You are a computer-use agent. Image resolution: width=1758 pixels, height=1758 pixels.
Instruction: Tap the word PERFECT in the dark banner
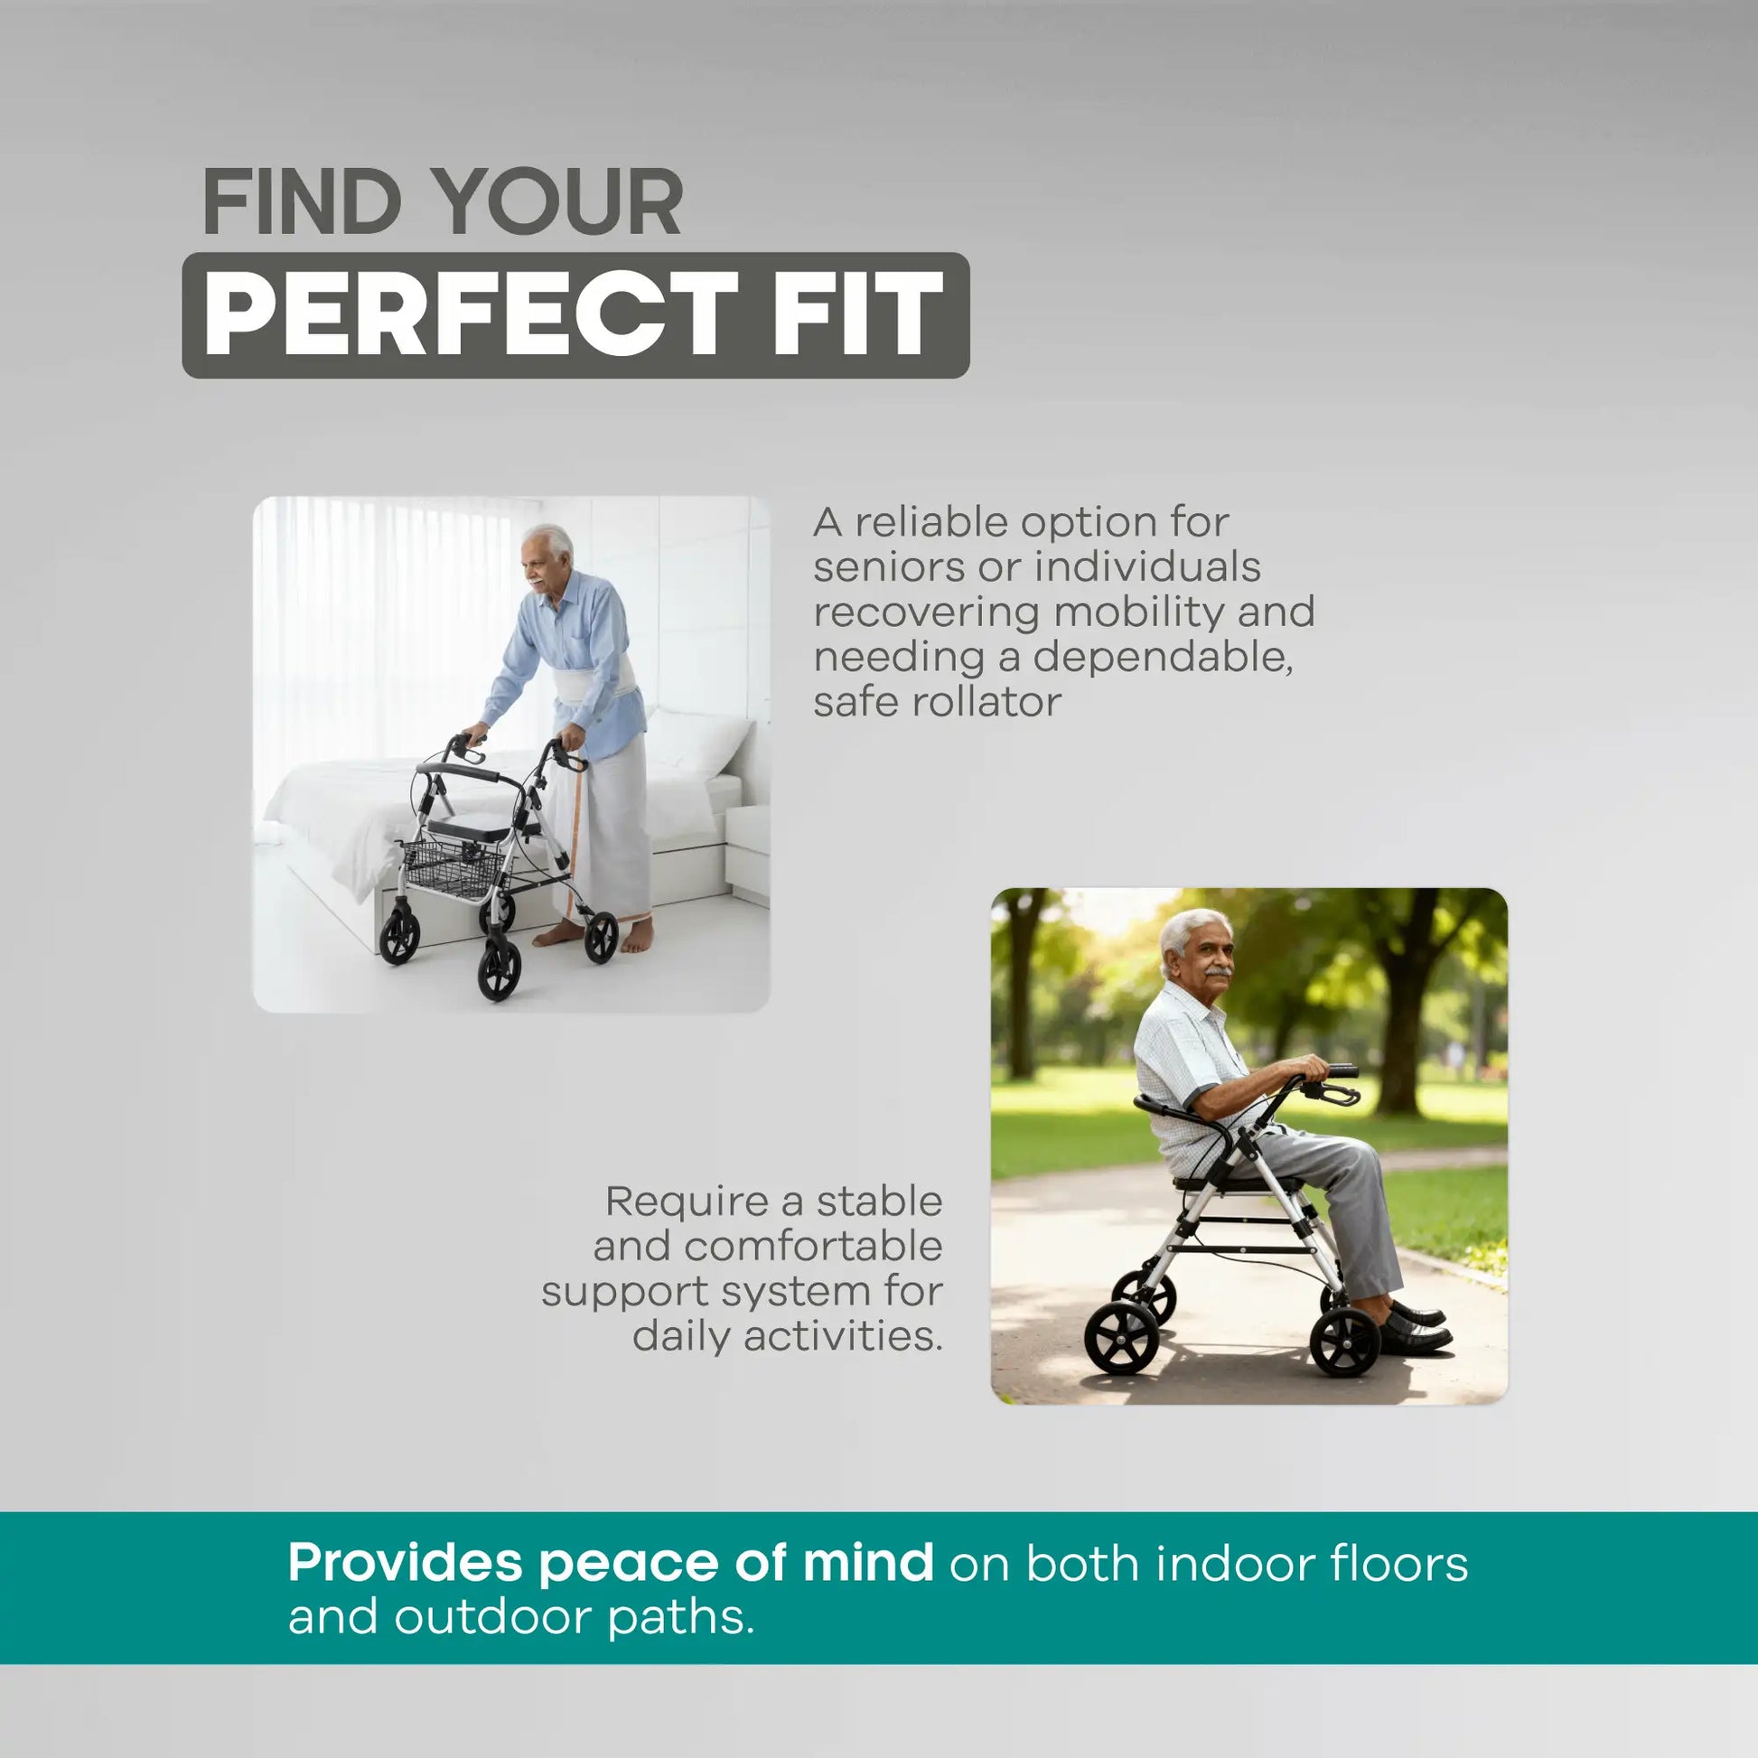470,315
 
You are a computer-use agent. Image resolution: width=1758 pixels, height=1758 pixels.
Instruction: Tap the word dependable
1162,657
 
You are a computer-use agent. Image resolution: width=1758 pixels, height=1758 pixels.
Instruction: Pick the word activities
841,1337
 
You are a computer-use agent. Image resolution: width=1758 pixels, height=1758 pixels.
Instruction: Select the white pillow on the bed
698,742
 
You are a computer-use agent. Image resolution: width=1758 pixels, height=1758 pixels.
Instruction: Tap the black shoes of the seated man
1415,1331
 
